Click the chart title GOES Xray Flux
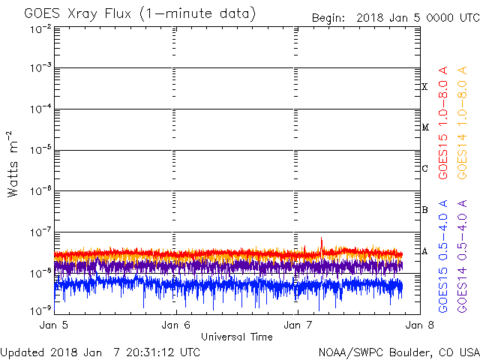point(78,14)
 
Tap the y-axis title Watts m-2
point(13,164)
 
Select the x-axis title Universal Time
point(237,337)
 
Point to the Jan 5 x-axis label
point(53,325)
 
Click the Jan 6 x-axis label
point(175,325)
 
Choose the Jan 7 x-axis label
point(298,325)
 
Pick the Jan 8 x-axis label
point(420,325)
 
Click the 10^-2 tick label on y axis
point(40,30)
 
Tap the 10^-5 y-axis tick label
point(40,150)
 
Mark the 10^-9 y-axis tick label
point(40,310)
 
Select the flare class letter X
point(424,87)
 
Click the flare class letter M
point(425,127)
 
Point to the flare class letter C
point(425,168)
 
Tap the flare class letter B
point(425,210)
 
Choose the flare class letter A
point(424,252)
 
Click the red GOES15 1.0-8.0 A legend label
point(443,123)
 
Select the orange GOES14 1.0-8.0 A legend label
point(462,123)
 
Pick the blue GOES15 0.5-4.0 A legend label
point(443,256)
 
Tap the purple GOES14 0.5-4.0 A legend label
point(462,256)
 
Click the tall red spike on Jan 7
point(322,245)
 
